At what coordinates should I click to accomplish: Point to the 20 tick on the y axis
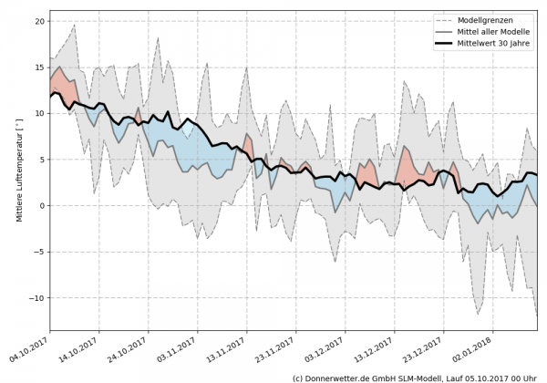(38, 21)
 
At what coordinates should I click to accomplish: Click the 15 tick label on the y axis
(38, 67)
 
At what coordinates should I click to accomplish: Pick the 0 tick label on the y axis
(41, 206)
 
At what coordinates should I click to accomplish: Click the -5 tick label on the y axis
(38, 253)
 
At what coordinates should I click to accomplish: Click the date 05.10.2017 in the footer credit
(491, 377)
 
